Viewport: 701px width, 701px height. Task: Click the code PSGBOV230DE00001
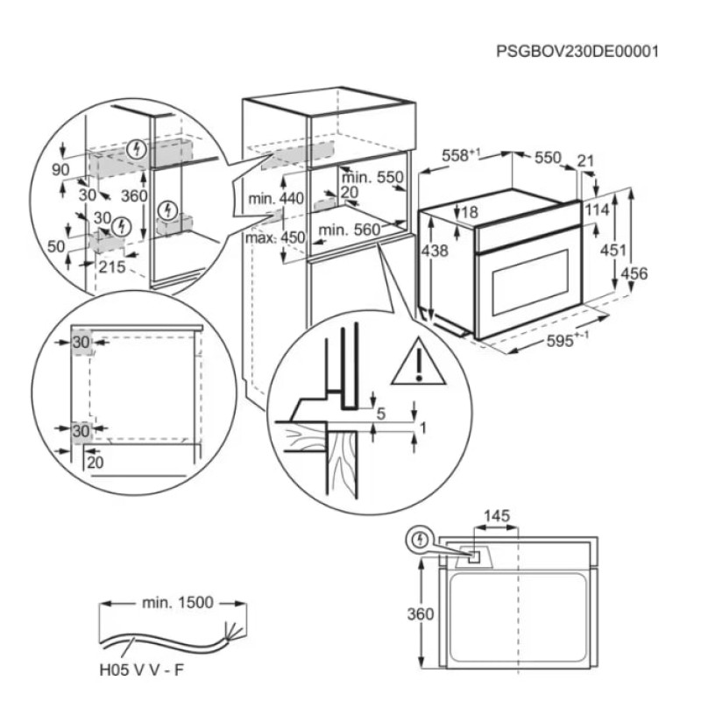tap(577, 52)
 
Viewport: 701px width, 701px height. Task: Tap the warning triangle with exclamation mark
tap(419, 365)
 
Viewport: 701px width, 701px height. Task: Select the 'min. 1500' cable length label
tap(178, 603)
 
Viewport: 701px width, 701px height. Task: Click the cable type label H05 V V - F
tap(141, 670)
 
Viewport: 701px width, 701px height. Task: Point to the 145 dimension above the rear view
tap(497, 516)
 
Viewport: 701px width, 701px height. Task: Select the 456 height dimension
tap(634, 273)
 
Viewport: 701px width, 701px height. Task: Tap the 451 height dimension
tap(612, 250)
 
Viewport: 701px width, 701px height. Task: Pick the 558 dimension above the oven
tap(461, 155)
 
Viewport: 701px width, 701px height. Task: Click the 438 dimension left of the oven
tap(435, 251)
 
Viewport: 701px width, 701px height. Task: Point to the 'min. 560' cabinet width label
tap(349, 230)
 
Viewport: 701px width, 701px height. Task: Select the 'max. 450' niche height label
tap(275, 237)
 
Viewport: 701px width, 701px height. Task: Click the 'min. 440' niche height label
tap(276, 198)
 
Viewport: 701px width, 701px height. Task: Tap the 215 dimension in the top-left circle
tap(112, 267)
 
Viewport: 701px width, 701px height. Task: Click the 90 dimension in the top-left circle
tap(60, 170)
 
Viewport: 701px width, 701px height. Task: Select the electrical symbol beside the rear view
tap(419, 540)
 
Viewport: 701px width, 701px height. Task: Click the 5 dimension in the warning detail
tap(381, 414)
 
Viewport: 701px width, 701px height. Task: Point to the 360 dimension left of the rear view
tap(421, 614)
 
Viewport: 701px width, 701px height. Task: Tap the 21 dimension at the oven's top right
tap(584, 160)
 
